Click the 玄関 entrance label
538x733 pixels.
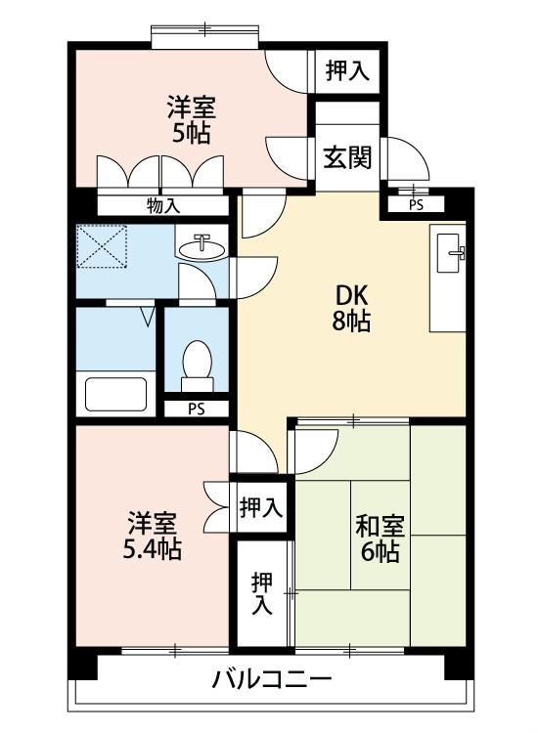[x=347, y=157]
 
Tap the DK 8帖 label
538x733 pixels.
[x=351, y=308]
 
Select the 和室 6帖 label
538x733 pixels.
[x=380, y=539]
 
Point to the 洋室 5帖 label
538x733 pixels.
[x=192, y=119]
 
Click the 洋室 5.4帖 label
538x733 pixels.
[x=152, y=536]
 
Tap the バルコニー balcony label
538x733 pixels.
[x=272, y=679]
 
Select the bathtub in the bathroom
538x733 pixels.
[x=115, y=394]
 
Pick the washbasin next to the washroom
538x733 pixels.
[x=202, y=247]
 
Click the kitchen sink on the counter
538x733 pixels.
[x=450, y=253]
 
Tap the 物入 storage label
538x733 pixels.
[x=163, y=205]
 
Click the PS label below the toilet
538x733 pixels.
[x=197, y=410]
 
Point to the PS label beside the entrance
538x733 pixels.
[x=416, y=205]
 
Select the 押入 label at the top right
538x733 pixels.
[x=347, y=71]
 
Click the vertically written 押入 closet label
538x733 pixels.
[x=262, y=593]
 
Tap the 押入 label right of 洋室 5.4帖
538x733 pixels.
[x=261, y=507]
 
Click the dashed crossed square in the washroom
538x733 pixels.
[x=102, y=246]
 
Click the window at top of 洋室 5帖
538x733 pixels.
[x=204, y=34]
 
